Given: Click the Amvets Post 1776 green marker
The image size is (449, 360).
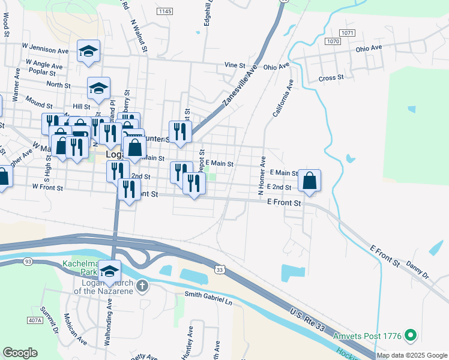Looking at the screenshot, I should (x=411, y=334).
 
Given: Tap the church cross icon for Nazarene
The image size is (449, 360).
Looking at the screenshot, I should (x=142, y=285).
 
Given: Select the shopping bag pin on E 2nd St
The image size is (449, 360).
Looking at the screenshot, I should (x=309, y=181).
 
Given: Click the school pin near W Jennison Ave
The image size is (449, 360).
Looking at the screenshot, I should (x=89, y=52).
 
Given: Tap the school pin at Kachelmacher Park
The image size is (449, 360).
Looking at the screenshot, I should (x=109, y=272).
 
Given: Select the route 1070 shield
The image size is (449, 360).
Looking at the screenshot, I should (x=333, y=41).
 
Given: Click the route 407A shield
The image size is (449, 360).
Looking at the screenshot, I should (x=35, y=320).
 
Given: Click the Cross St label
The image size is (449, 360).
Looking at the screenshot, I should (x=331, y=78).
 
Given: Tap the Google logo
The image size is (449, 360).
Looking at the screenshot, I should (x=20, y=353).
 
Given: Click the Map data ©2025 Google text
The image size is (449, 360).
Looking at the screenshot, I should (x=411, y=355).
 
